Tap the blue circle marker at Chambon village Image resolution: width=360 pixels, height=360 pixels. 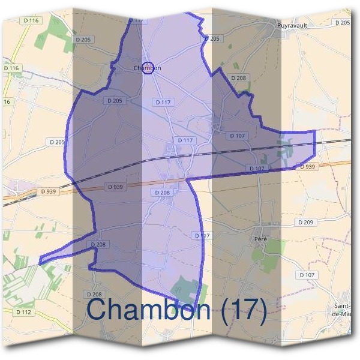(x=148, y=68)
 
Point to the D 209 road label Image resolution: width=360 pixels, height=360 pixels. (x=305, y=222)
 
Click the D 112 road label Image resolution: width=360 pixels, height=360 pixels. (x=23, y=312)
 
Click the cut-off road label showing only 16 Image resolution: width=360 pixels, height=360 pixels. (x=7, y=102)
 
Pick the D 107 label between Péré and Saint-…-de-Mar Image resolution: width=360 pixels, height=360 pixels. (x=306, y=275)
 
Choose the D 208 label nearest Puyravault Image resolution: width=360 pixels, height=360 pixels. (x=238, y=78)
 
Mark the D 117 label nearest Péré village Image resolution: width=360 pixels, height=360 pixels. (x=203, y=235)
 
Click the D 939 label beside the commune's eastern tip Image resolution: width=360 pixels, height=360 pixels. (x=307, y=166)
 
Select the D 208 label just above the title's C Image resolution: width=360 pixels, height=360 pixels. (x=94, y=294)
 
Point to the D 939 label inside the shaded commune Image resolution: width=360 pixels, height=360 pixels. (x=115, y=187)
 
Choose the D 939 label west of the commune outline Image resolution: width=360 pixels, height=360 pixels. (x=49, y=191)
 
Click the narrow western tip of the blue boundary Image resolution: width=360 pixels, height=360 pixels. (x=41, y=262)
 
